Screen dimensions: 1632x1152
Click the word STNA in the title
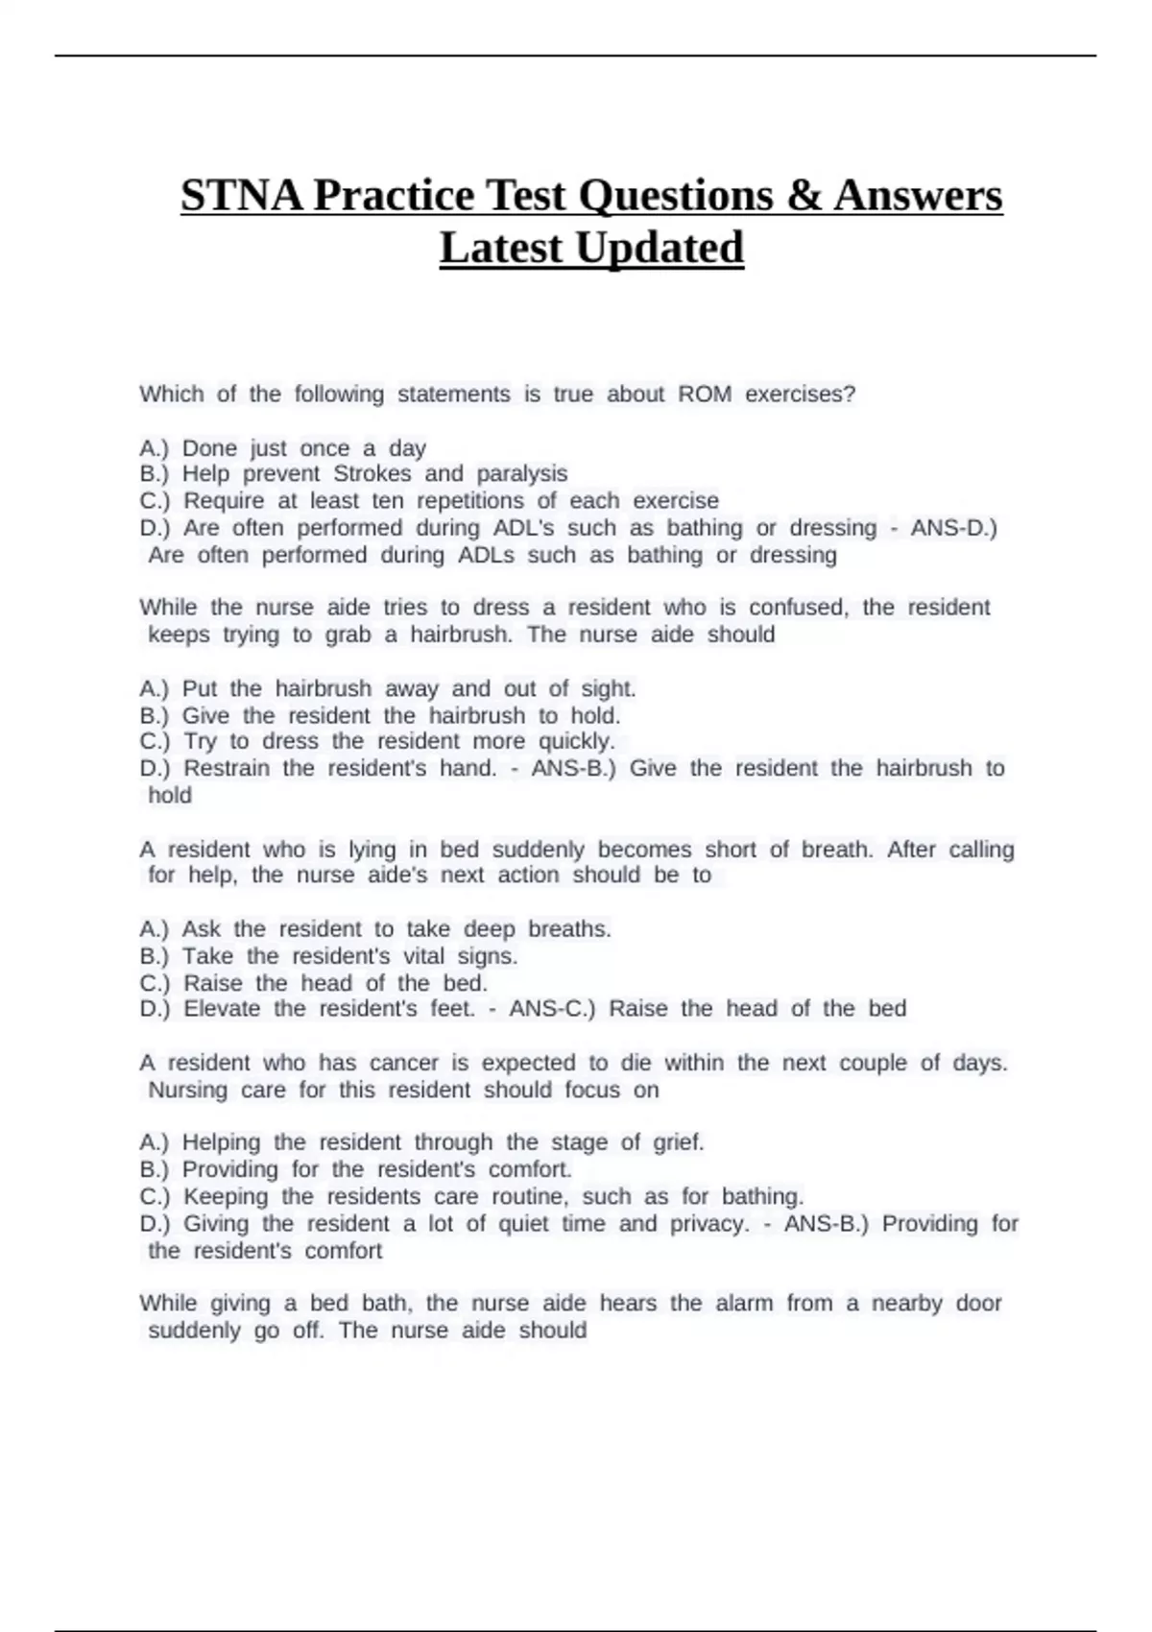click(243, 196)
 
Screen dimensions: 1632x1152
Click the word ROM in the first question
click(705, 395)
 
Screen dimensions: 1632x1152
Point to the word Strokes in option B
click(372, 473)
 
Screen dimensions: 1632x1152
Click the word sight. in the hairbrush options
click(609, 688)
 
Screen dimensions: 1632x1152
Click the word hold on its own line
click(170, 795)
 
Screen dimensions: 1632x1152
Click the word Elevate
click(222, 1009)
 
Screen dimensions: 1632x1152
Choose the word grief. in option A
click(679, 1142)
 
